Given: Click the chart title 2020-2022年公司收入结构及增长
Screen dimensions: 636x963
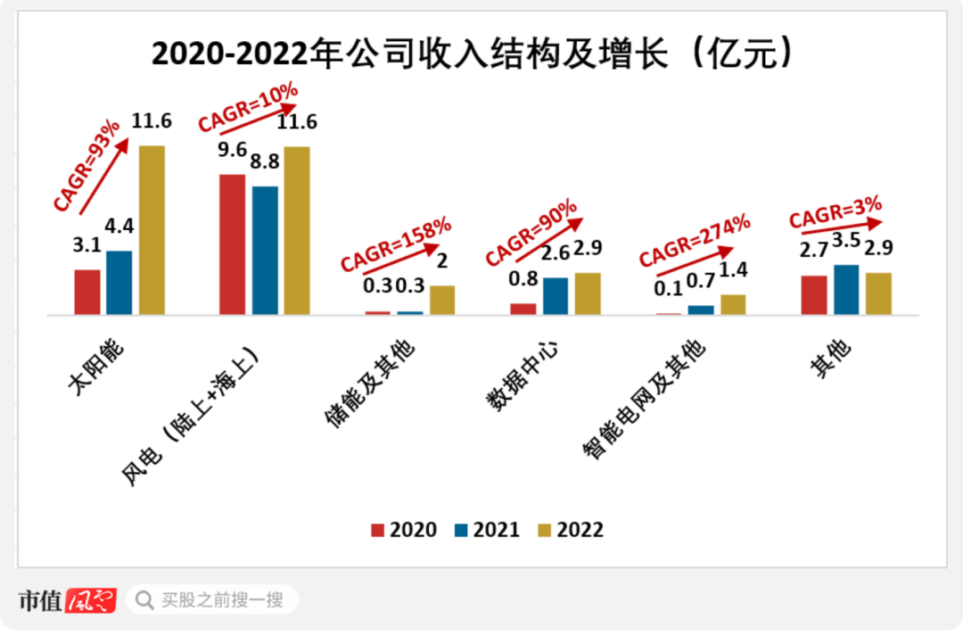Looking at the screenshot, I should (x=473, y=55).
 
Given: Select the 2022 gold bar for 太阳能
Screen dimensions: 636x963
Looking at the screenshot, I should (x=152, y=229).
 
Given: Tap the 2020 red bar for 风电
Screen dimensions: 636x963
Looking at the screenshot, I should (x=232, y=244).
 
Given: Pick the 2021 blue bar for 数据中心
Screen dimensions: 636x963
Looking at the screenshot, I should (x=556, y=295).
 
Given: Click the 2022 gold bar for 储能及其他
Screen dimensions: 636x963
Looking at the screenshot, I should (x=442, y=300).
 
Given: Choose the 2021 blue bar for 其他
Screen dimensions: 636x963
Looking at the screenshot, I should (x=846, y=289).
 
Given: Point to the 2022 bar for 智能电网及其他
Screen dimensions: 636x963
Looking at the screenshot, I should (x=733, y=304).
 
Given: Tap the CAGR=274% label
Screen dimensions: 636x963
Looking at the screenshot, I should (x=695, y=241).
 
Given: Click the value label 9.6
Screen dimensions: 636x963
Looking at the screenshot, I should (x=232, y=150).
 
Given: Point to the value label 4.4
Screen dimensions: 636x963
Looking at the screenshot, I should (x=119, y=227).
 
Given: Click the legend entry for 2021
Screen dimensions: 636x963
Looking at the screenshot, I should (x=487, y=530).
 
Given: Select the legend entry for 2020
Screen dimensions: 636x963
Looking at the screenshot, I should (x=404, y=530).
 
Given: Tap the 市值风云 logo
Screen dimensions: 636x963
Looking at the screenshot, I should (x=68, y=600).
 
